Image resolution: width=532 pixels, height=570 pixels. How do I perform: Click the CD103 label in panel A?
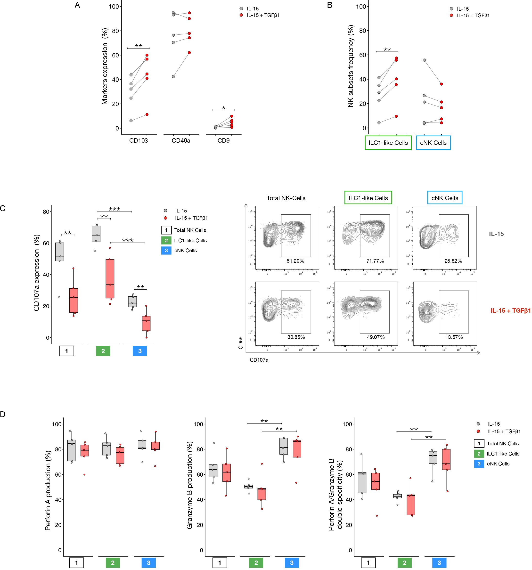(x=138, y=140)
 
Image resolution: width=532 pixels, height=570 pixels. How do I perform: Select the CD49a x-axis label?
(x=181, y=140)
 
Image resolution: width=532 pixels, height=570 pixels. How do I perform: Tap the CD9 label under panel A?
(x=223, y=140)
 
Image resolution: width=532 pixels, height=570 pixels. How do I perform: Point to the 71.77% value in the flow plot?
(x=375, y=261)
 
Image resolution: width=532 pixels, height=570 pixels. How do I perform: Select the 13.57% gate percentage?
(x=454, y=337)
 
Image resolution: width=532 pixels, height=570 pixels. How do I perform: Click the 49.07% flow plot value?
(x=376, y=337)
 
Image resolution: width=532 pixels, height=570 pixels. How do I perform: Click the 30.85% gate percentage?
(x=296, y=337)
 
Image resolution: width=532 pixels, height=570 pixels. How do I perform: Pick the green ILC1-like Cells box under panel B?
(x=388, y=143)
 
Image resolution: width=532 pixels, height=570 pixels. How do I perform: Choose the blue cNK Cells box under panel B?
(x=433, y=143)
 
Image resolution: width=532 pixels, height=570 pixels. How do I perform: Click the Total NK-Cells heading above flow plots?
(x=286, y=198)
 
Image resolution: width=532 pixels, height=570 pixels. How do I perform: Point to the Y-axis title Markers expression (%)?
(x=105, y=66)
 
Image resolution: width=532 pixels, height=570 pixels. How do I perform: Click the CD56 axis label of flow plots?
(x=241, y=343)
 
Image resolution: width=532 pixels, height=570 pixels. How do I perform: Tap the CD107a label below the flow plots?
(x=259, y=360)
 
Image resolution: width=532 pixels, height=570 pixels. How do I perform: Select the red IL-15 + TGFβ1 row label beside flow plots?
(x=510, y=310)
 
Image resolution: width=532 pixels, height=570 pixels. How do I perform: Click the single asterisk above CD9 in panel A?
(x=224, y=108)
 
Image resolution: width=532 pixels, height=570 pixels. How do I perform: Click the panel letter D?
(x=3, y=414)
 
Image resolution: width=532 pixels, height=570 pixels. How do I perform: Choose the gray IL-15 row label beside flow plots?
(x=496, y=234)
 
